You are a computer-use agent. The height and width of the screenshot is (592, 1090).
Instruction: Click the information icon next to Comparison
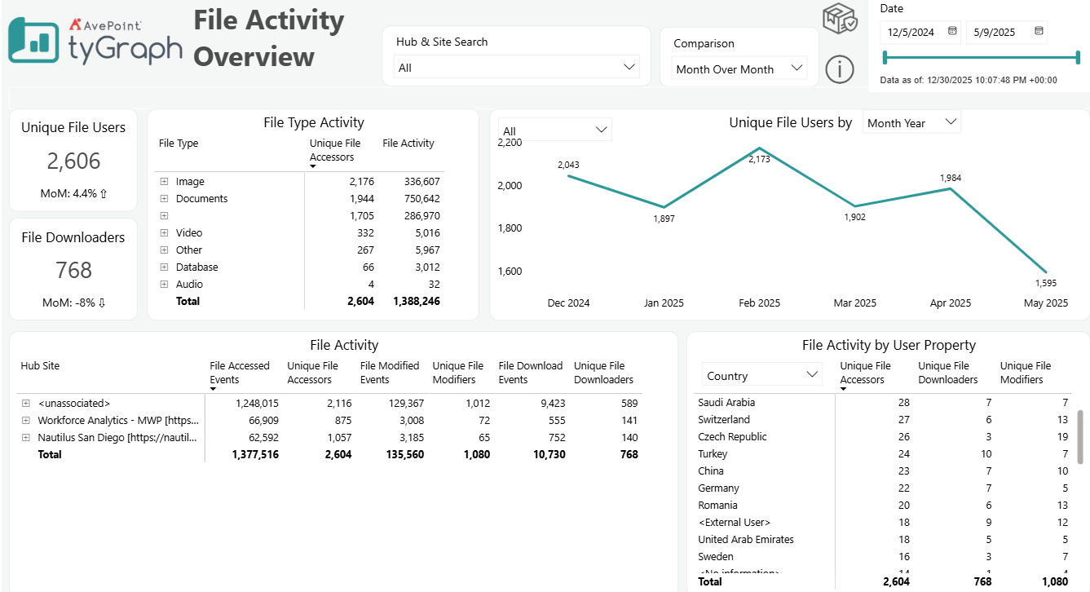tap(839, 69)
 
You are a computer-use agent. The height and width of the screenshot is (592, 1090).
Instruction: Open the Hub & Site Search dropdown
tap(516, 67)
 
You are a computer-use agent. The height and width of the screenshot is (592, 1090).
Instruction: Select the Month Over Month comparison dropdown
tap(739, 69)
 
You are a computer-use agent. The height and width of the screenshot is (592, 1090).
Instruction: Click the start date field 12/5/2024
tap(911, 33)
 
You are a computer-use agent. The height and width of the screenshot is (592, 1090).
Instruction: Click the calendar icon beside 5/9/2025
tap(1039, 32)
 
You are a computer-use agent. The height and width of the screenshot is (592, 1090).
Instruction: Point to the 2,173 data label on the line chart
tap(759, 160)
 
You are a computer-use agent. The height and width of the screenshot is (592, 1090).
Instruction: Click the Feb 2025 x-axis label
tap(759, 303)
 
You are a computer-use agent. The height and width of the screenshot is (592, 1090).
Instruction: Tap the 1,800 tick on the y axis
tap(510, 228)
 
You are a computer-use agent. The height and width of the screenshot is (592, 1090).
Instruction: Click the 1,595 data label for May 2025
tap(1046, 283)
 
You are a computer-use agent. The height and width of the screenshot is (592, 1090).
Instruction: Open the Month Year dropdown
tap(911, 122)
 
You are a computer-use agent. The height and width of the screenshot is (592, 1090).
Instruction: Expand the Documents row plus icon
tap(164, 199)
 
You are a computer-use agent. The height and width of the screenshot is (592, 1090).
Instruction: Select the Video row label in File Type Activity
tap(189, 233)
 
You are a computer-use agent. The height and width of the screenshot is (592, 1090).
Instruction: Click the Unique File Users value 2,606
tap(73, 161)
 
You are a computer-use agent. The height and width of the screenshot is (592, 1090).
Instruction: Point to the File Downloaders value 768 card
tap(73, 270)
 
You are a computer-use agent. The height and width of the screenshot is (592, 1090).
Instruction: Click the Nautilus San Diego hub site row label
tap(118, 437)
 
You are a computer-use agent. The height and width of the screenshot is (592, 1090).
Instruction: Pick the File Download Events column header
tap(530, 373)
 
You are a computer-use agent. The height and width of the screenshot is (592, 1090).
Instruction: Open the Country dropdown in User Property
tap(762, 375)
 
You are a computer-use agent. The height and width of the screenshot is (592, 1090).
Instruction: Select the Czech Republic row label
tap(732, 436)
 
